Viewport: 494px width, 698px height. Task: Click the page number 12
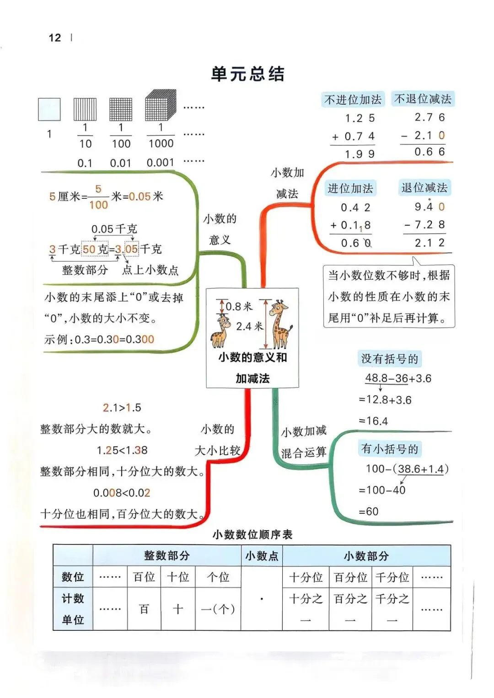click(54, 37)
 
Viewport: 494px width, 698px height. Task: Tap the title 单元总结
click(247, 74)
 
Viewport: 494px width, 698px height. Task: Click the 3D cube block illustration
click(161, 105)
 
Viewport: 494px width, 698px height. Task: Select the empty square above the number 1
click(49, 109)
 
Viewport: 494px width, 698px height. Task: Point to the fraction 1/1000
click(161, 135)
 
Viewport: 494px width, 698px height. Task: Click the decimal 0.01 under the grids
click(120, 163)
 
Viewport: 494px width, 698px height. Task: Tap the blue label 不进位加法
click(353, 100)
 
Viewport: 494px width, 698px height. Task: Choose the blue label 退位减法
click(424, 188)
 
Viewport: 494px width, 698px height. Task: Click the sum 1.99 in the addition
click(360, 155)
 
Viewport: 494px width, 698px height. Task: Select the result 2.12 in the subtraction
click(429, 243)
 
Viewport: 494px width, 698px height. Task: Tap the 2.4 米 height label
click(249, 326)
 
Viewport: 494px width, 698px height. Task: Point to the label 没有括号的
click(389, 359)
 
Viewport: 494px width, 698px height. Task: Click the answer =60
click(369, 512)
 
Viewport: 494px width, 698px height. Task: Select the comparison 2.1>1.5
click(122, 407)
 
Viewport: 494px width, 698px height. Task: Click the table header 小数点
click(262, 556)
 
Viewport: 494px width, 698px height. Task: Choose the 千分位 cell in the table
click(392, 577)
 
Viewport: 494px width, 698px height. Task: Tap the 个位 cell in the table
click(218, 577)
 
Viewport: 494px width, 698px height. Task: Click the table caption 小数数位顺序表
click(252, 534)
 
